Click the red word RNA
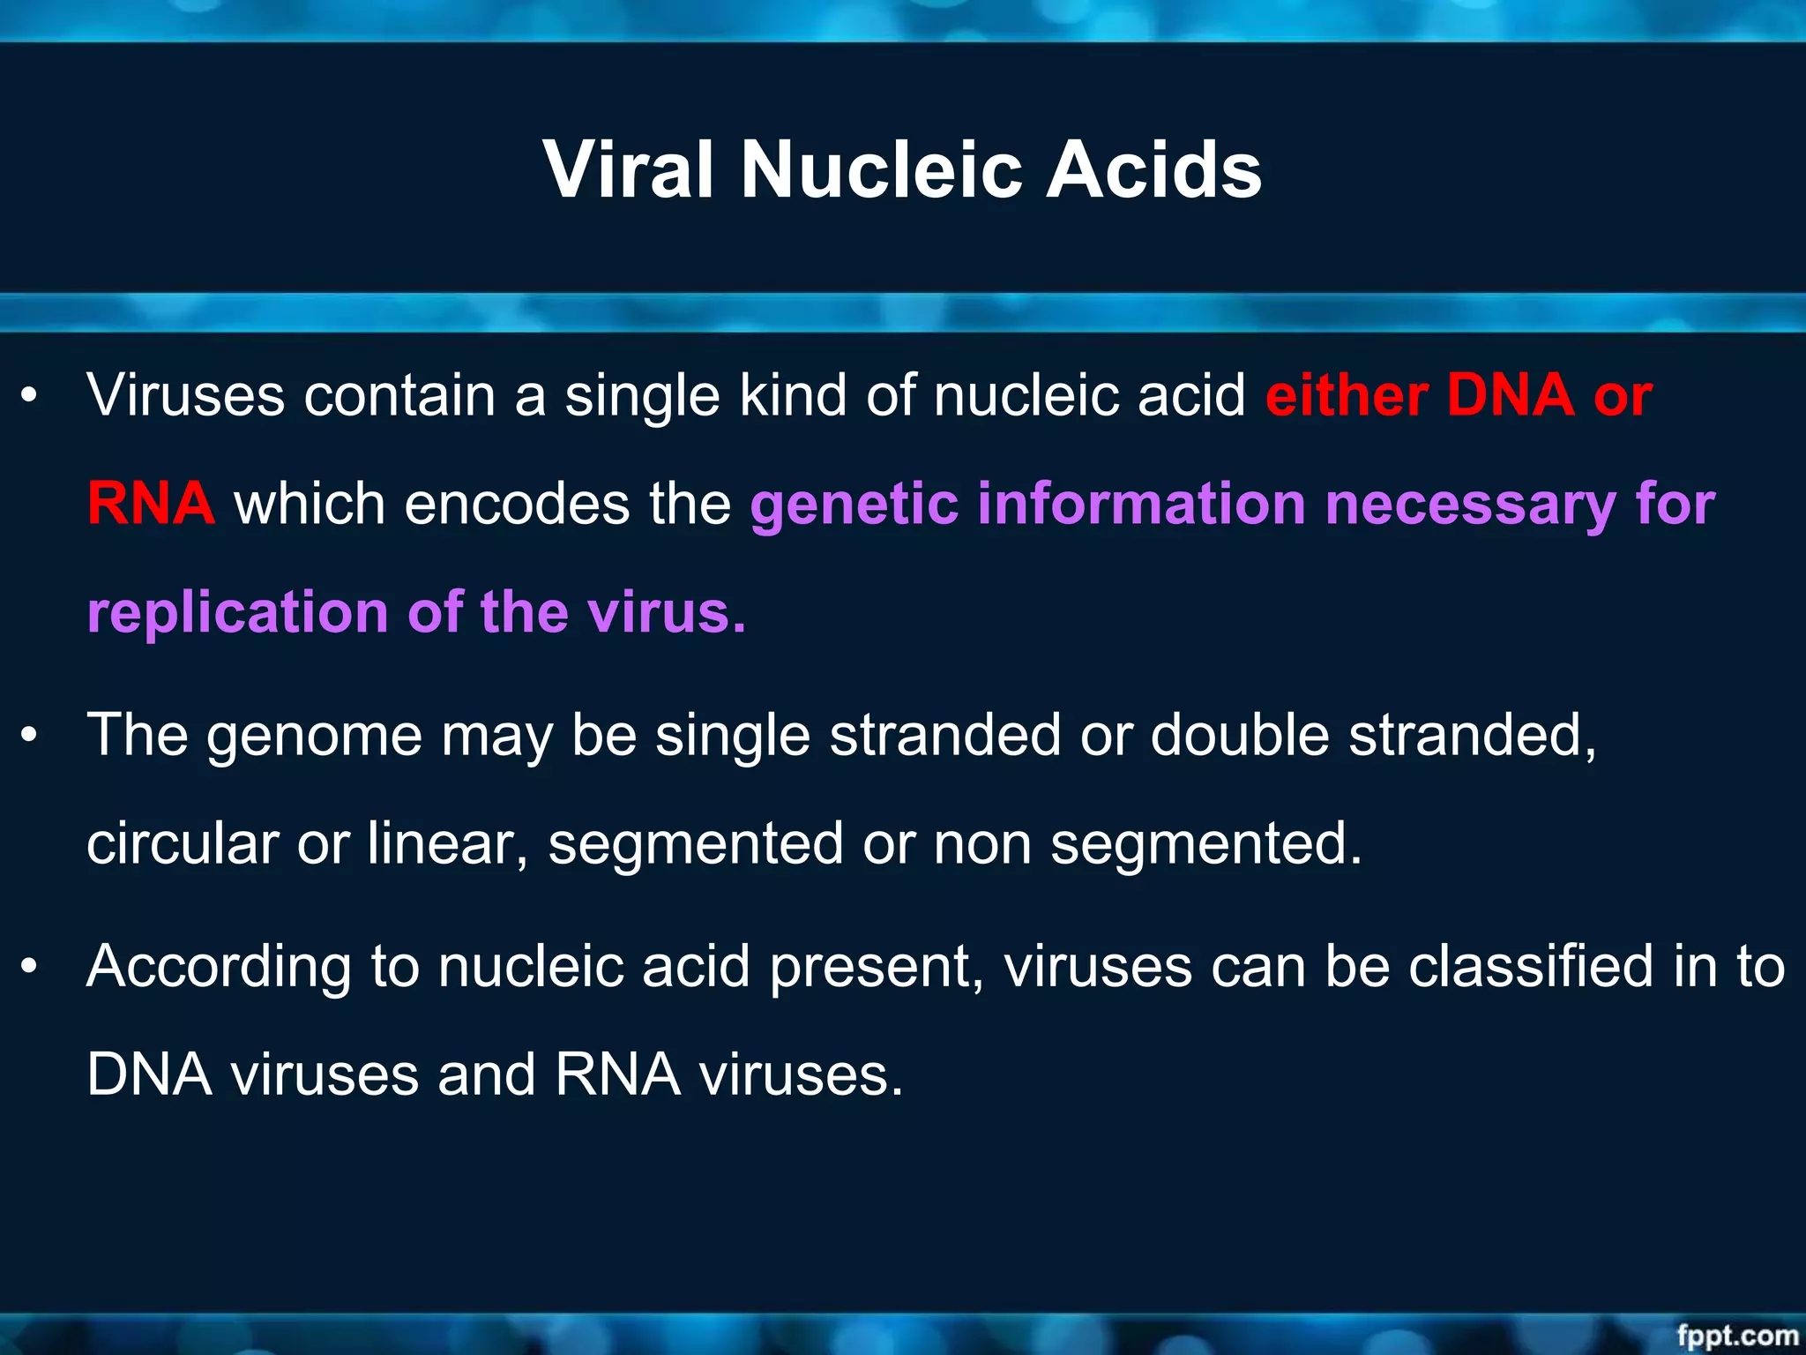[x=151, y=504]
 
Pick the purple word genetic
[x=854, y=504]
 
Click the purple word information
[x=1141, y=504]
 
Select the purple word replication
[x=237, y=612]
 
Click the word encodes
[x=517, y=504]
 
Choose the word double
[x=1240, y=734]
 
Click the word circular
[x=183, y=843]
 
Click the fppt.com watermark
[x=1736, y=1336]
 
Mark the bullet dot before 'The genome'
[x=30, y=736]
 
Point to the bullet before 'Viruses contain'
[x=30, y=396]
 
